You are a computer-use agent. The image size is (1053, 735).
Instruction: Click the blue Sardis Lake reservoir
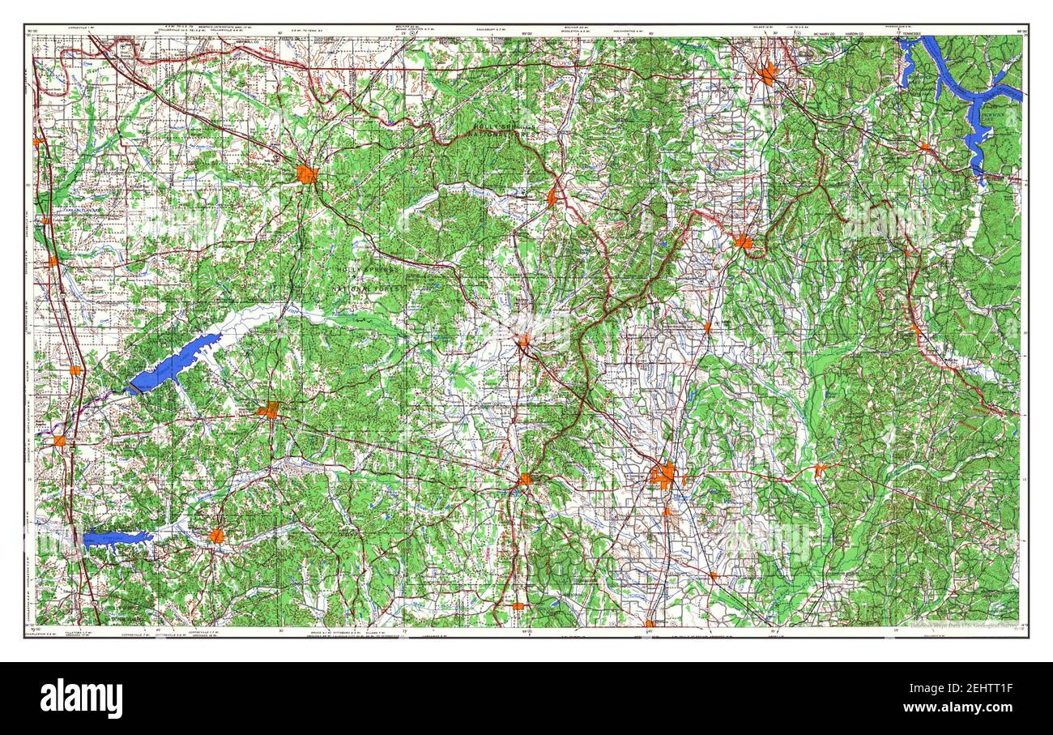174,363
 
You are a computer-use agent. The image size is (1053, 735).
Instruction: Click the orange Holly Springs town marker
306,174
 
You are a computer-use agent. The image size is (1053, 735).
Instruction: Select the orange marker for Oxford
269,410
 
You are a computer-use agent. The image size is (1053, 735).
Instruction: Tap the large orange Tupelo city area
663,476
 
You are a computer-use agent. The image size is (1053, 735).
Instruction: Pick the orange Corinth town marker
767,75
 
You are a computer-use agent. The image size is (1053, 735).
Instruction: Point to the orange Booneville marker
743,241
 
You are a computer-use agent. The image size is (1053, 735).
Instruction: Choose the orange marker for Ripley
552,196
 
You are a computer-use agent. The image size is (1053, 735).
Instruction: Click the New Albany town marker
523,341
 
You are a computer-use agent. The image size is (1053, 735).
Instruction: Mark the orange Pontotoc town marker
525,479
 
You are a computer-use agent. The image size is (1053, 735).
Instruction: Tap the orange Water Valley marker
215,536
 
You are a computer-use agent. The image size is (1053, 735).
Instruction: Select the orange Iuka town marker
924,147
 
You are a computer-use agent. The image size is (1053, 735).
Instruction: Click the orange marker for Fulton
820,468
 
